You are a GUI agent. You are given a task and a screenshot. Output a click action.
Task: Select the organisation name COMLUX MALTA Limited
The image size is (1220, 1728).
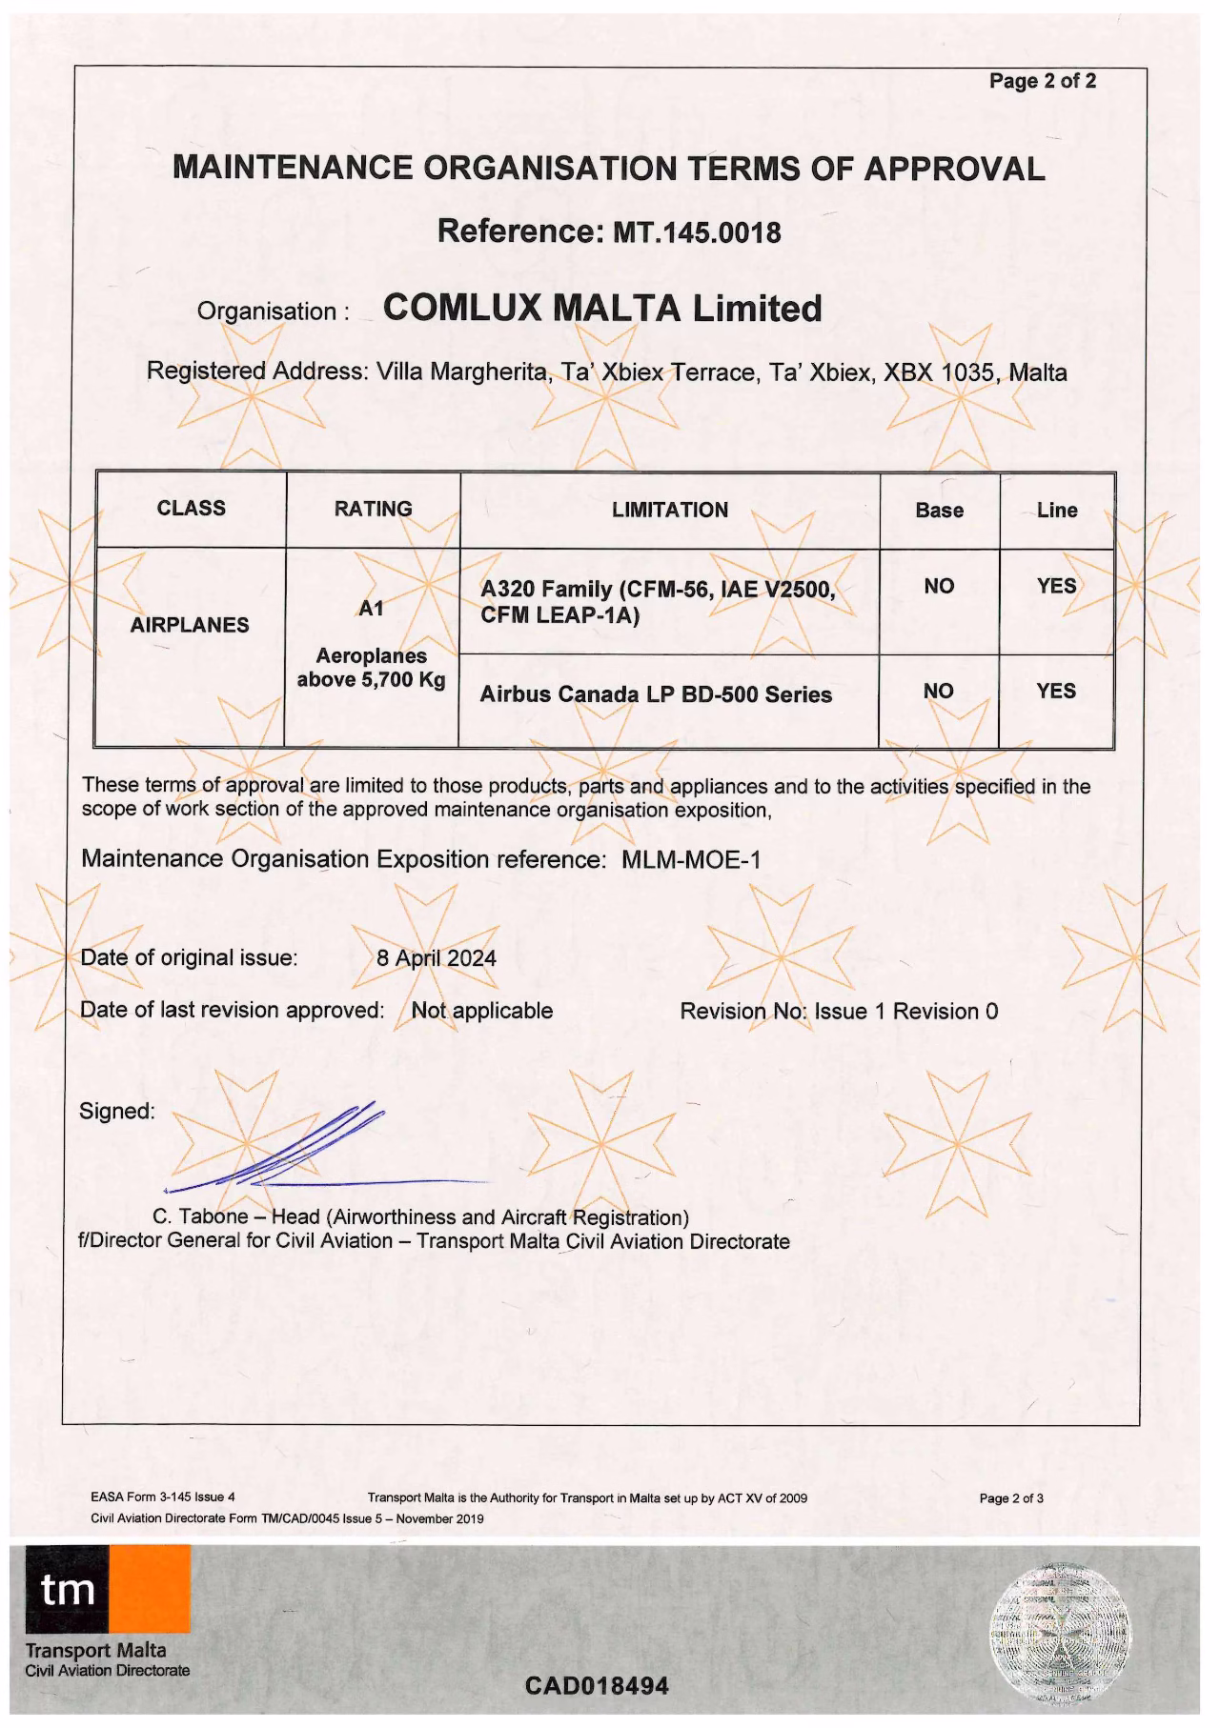(x=601, y=308)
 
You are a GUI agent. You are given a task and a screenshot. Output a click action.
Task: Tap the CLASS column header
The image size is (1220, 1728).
(x=191, y=508)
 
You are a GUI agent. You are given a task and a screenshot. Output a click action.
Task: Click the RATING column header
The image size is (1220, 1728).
(x=373, y=509)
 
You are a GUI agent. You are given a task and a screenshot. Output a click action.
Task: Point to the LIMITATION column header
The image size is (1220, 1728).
(x=669, y=510)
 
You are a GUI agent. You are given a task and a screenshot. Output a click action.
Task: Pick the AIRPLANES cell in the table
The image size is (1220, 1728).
(x=190, y=625)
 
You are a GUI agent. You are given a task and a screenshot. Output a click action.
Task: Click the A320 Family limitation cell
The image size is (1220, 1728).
(x=658, y=603)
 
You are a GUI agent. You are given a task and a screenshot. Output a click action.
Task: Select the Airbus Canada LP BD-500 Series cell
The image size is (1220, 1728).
(x=656, y=694)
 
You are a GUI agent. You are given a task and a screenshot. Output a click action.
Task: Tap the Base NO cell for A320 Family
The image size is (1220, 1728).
(x=939, y=586)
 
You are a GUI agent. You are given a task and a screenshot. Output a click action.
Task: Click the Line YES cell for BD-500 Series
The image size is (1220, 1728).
(x=1056, y=691)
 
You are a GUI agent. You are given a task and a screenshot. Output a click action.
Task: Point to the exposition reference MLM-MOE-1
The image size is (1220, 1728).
(x=691, y=859)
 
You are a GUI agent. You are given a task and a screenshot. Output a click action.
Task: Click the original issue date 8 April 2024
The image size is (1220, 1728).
(x=437, y=957)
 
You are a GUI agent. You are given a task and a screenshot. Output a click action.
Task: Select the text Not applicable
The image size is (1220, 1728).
(x=481, y=1010)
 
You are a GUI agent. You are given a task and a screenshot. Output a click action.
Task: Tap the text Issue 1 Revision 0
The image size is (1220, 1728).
(x=905, y=1011)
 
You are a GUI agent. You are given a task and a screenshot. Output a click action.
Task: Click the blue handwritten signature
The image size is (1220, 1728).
(x=286, y=1153)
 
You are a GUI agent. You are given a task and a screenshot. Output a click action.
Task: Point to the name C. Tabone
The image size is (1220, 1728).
(x=200, y=1217)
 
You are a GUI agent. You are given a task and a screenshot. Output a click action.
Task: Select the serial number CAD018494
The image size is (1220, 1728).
(x=597, y=1686)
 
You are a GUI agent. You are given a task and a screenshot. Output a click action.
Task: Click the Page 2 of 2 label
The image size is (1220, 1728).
(x=1043, y=81)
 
